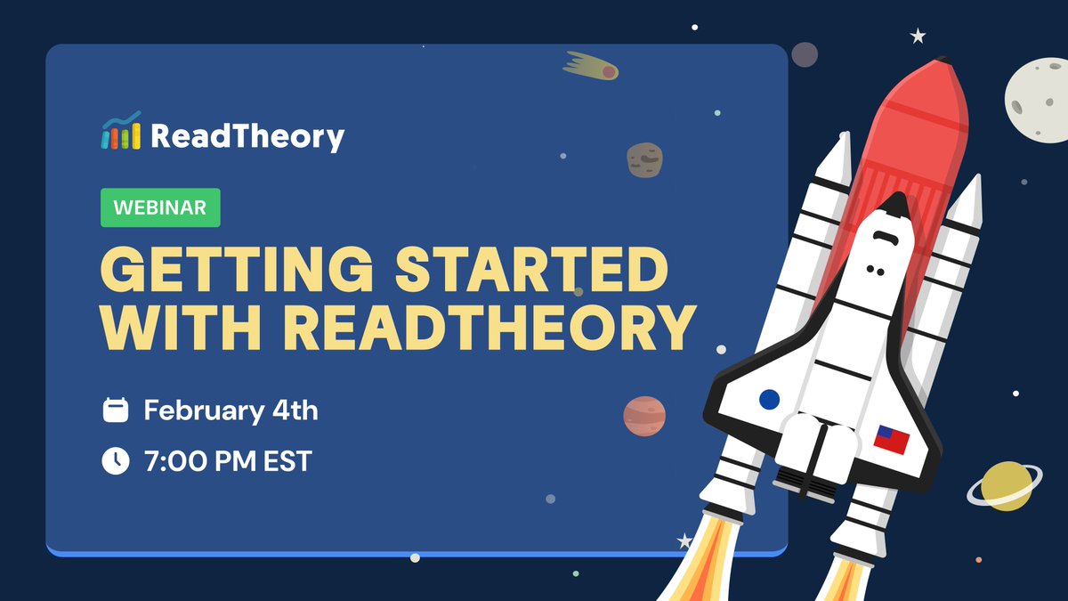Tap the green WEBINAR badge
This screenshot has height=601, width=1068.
160,208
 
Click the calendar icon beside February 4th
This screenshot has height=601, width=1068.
116,410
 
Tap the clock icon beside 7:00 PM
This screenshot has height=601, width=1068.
116,461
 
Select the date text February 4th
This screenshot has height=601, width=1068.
231,410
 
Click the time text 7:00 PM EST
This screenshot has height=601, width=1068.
228,461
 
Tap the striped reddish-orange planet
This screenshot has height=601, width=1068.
644,416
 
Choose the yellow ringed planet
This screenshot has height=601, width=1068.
1006,486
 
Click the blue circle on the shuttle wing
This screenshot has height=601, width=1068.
769,398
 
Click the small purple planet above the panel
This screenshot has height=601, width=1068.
805,55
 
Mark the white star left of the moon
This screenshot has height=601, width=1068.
918,37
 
